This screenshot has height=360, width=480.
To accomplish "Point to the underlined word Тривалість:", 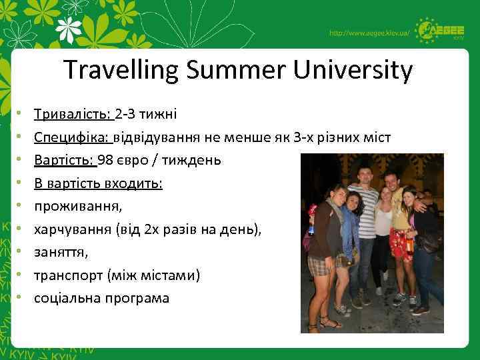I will tap(73, 114).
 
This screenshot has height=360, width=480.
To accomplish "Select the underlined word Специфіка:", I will tap(73, 137).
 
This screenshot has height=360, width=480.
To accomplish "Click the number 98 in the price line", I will tap(105, 160).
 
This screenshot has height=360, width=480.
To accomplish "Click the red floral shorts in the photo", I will tap(401, 243).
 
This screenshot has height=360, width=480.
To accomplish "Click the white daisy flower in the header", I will tap(71, 29).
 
